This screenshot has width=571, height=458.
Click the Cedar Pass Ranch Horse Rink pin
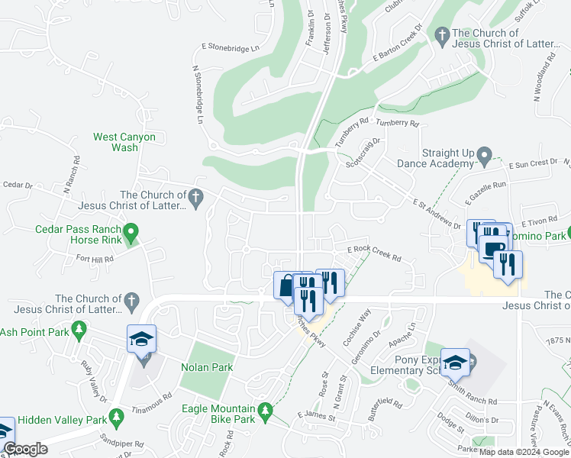click(131, 230)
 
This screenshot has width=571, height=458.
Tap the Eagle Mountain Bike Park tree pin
click(265, 412)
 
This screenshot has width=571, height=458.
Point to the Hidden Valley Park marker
click(116, 418)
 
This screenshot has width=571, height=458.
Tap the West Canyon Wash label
click(124, 143)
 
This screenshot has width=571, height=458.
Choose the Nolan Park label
click(207, 367)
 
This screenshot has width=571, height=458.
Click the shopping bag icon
click(285, 285)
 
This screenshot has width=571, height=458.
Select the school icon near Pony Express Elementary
click(456, 361)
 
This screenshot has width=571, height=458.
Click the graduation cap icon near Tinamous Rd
click(141, 338)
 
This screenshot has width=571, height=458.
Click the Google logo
click(25, 449)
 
